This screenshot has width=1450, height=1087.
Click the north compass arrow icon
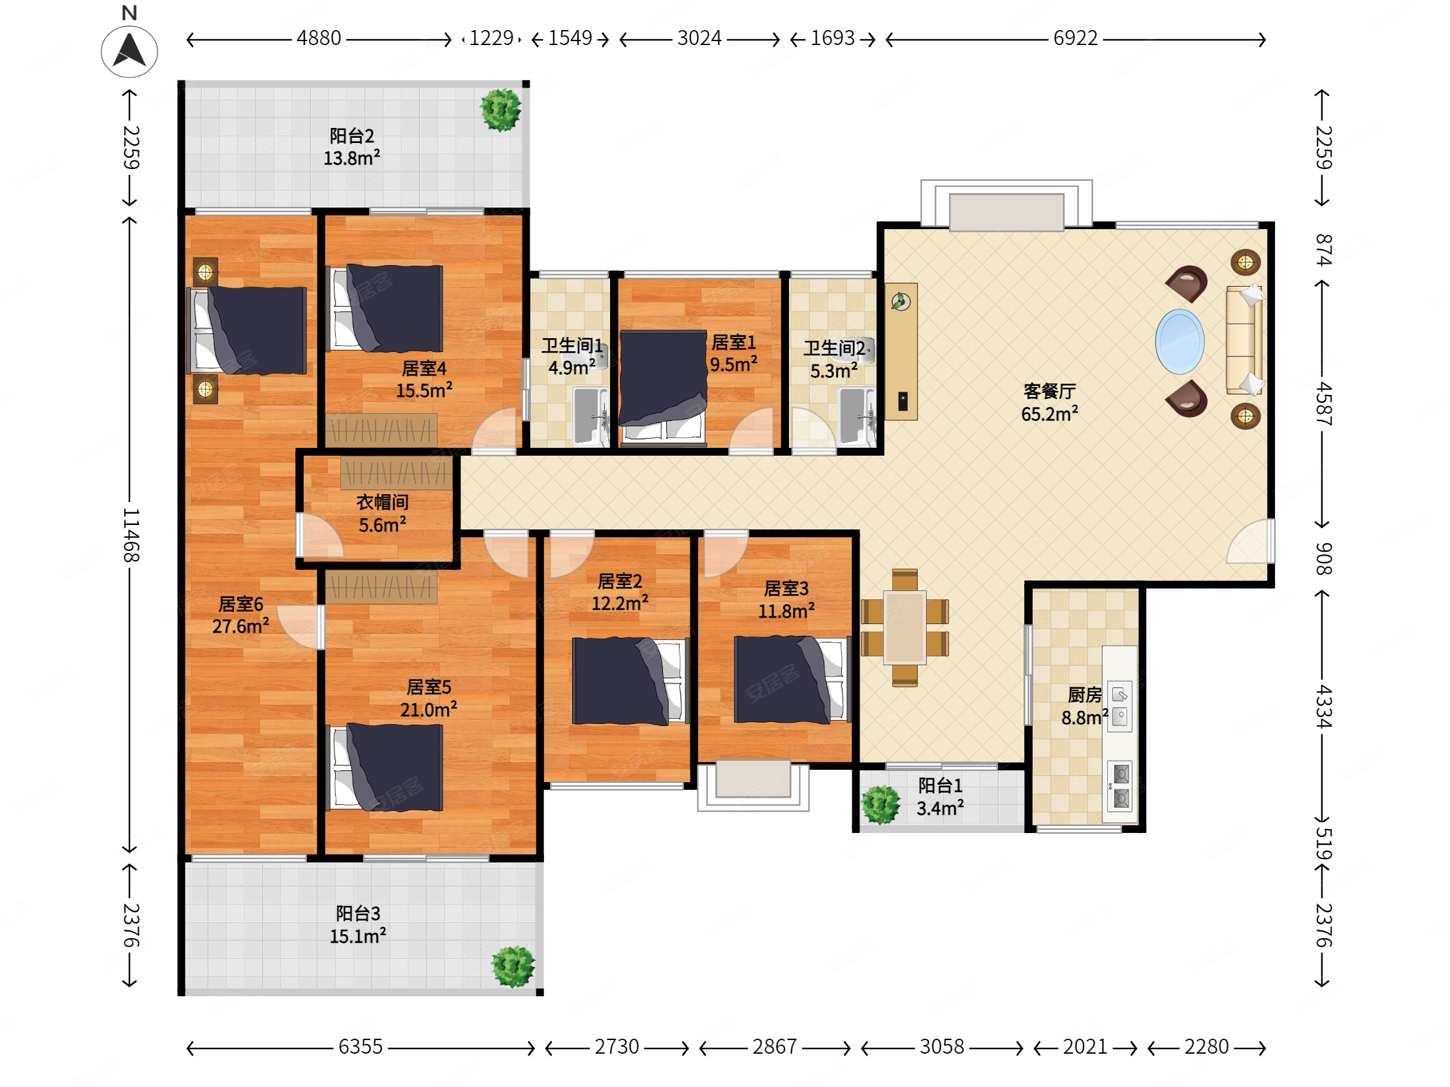tap(129, 51)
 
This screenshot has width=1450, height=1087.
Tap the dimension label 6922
tap(1075, 39)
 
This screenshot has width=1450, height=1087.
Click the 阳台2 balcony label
tap(352, 136)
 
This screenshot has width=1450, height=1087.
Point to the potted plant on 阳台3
tap(513, 966)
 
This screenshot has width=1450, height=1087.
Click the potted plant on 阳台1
tap(880, 803)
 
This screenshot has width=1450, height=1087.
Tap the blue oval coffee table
tap(1180, 341)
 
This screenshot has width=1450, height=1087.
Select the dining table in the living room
tap(905, 627)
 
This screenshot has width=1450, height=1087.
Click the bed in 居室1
tap(663, 387)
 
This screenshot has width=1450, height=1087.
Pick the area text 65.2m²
tap(1050, 414)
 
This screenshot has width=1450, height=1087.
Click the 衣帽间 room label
tap(382, 502)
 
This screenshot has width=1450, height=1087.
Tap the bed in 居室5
tap(385, 767)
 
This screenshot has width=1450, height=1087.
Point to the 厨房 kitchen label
tap(1084, 695)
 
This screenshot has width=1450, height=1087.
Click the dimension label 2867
tap(774, 1047)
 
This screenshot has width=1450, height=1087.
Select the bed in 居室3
tap(792, 680)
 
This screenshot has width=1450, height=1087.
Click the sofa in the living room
tap(1244, 340)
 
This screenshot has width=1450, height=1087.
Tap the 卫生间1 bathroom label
tap(572, 345)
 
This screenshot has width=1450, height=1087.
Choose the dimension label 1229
tap(492, 39)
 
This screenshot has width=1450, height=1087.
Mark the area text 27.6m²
tap(240, 626)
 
